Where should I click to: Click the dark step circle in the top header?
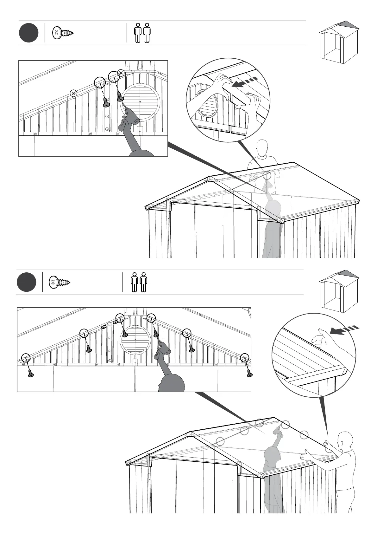(x=28, y=33)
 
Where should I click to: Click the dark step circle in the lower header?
(x=26, y=282)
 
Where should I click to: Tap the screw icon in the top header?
(x=63, y=33)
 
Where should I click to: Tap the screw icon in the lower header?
(x=59, y=282)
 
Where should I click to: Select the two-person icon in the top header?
(x=142, y=33)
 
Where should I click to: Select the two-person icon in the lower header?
(x=139, y=282)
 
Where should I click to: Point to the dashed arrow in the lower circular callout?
(x=344, y=329)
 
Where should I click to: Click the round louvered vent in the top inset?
(x=140, y=102)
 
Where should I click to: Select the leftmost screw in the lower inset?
(x=31, y=374)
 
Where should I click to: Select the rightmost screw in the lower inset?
(x=249, y=373)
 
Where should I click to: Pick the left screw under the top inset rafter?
(x=106, y=102)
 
